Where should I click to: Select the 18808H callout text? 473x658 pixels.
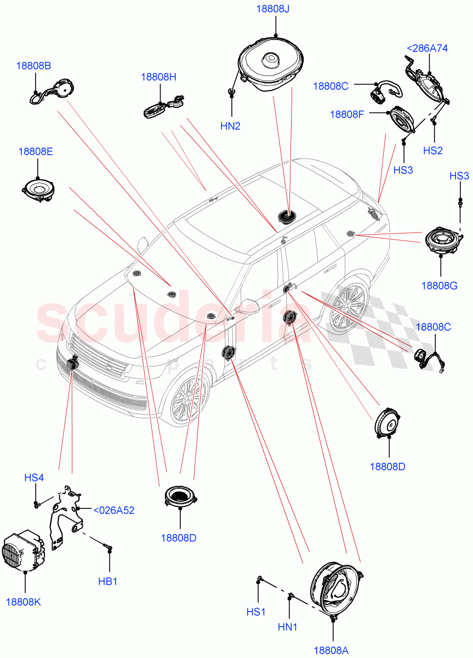pos(158,77)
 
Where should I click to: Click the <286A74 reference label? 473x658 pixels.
pos(426,48)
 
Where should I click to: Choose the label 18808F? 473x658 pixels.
pos(347,114)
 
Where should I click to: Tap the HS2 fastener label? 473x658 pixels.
pos(432,151)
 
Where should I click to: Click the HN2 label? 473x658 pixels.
pos(230,126)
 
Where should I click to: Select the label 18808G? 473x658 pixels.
pos(440,285)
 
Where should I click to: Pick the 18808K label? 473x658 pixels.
pos(23,602)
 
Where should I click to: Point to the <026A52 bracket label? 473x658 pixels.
pos(113,510)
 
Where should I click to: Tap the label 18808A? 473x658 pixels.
pos(331,650)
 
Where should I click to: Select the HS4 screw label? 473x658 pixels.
pos(34,478)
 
